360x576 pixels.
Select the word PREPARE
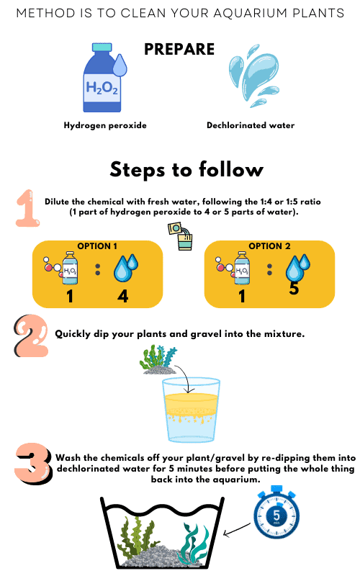(x=179, y=49)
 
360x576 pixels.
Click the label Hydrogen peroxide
(x=104, y=125)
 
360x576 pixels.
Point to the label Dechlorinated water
(x=251, y=125)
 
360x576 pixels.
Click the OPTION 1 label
(x=97, y=246)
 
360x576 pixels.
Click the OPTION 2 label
(x=270, y=246)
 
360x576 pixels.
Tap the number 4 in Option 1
(x=123, y=294)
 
